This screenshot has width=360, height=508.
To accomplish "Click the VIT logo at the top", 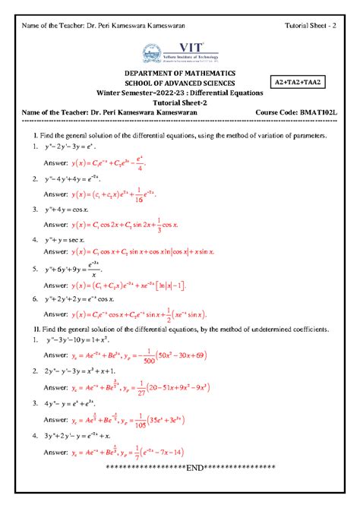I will pyautogui.click(x=180, y=51).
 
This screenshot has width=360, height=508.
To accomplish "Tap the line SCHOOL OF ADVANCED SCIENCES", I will pyautogui.click(x=180, y=83).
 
